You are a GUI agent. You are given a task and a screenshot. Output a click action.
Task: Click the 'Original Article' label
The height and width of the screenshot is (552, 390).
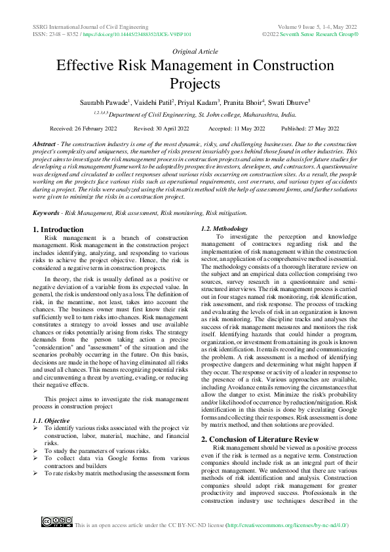pos(195,50)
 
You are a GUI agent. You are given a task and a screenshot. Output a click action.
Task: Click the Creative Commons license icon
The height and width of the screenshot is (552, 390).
pos(56,522)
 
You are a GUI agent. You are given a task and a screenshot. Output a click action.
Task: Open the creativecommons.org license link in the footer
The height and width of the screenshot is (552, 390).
pos(286,525)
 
